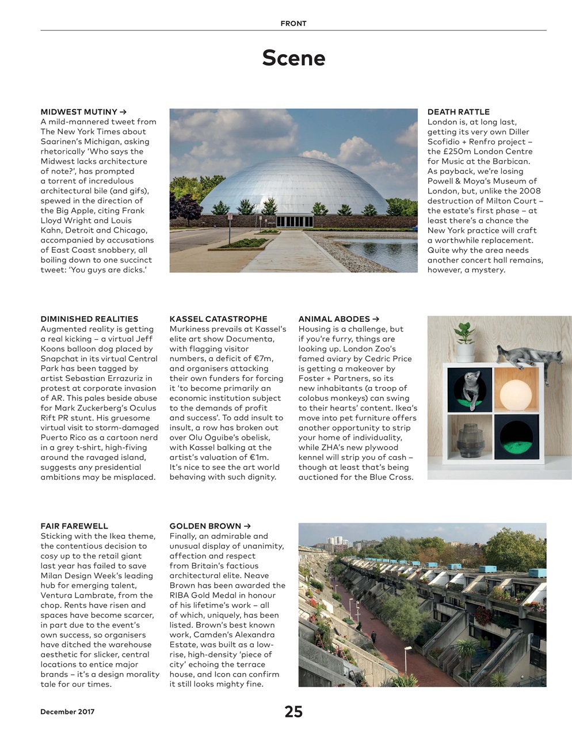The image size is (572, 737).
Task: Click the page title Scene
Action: pyautogui.click(x=293, y=58)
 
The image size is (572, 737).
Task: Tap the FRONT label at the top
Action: pyautogui.click(x=293, y=24)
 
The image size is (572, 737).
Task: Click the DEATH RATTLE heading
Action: pyautogui.click(x=459, y=112)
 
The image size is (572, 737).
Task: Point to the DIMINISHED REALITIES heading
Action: pyautogui.click(x=89, y=318)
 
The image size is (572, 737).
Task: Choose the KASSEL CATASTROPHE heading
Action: pyautogui.click(x=218, y=318)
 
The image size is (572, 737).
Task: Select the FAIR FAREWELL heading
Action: pyautogui.click(x=74, y=526)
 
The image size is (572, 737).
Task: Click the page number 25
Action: pyautogui.click(x=293, y=712)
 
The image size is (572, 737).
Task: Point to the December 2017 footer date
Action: pyautogui.click(x=67, y=712)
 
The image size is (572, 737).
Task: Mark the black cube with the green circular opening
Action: pyautogui.click(x=516, y=440)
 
